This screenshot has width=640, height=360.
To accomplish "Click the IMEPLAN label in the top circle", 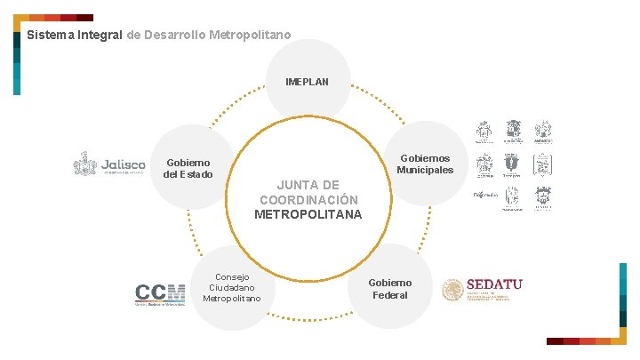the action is (x=307, y=82).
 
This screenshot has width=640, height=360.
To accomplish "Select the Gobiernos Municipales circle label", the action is (x=424, y=164).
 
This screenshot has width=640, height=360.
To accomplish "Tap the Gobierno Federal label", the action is (x=390, y=288).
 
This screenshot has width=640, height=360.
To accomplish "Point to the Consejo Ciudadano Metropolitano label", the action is (x=232, y=287).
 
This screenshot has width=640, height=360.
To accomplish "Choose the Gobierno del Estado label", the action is (x=188, y=168).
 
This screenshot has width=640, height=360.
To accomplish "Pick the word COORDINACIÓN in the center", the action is (x=308, y=199).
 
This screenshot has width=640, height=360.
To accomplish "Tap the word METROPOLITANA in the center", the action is (x=308, y=214).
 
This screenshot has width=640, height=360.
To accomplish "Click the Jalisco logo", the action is (x=109, y=165).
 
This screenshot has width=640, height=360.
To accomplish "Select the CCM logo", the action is (x=160, y=294).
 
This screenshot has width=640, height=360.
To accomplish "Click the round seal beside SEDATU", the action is (x=453, y=290).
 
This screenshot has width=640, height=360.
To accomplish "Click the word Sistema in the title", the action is (x=50, y=36).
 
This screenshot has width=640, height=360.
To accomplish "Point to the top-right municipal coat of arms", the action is (x=543, y=132).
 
